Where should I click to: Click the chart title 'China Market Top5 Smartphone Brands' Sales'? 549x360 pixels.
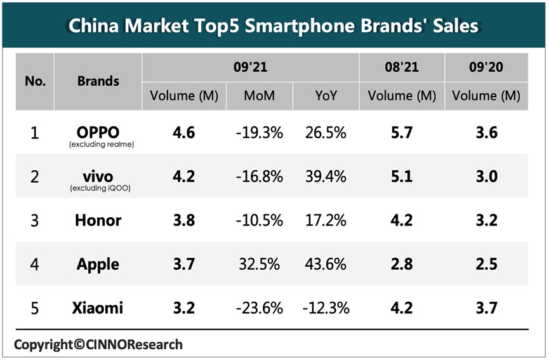click(x=274, y=26)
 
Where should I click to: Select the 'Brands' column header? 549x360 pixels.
click(x=98, y=81)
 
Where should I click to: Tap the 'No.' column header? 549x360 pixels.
click(x=35, y=81)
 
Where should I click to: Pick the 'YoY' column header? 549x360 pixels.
click(x=326, y=96)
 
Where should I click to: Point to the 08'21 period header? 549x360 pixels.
click(x=401, y=67)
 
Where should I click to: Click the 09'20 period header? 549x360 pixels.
click(x=486, y=67)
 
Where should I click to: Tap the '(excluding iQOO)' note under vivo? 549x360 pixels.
click(x=98, y=188)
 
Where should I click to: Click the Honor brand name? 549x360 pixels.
click(x=98, y=220)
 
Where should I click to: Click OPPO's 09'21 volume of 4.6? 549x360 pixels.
click(x=184, y=133)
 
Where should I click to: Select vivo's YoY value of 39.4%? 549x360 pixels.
click(x=326, y=176)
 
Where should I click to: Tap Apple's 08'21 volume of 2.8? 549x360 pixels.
click(x=401, y=264)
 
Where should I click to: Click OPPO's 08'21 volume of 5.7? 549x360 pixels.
click(x=401, y=133)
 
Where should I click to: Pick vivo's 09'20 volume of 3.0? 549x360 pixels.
click(x=486, y=176)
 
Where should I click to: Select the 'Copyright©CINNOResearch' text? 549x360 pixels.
click(x=98, y=345)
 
